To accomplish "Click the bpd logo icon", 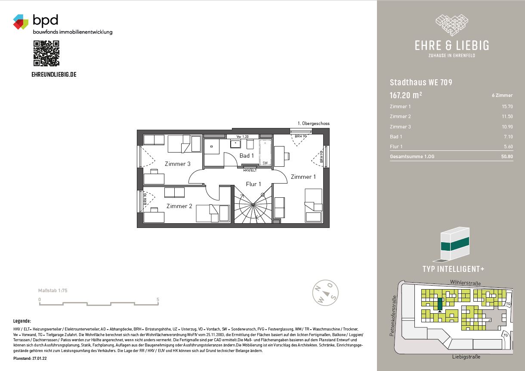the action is coord(21,22).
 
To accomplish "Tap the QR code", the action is coord(46,53).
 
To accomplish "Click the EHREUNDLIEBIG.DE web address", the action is coord(54,75).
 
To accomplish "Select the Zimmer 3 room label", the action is coord(177,164).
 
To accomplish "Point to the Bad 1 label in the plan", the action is coord(247,156).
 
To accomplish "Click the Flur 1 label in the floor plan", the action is coord(253,184).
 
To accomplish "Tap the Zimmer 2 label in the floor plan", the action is coord(179,206).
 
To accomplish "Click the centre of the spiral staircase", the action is coord(253,205).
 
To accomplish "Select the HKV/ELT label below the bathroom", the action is coord(250,170).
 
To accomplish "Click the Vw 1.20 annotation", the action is coord(242,137).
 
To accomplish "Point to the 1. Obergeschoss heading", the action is coord(314,123).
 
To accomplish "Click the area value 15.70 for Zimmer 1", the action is coord(507,106).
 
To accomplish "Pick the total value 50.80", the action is coord(507,156).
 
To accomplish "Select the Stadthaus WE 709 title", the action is coord(421,82).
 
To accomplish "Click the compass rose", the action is coord(325,293).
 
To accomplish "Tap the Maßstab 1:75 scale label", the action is coord(53,290).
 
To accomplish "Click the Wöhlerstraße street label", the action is coord(465,283).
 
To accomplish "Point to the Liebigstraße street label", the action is coord(466,357).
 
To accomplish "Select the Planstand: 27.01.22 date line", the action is coord(30,359).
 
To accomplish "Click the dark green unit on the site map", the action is coord(440,304).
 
